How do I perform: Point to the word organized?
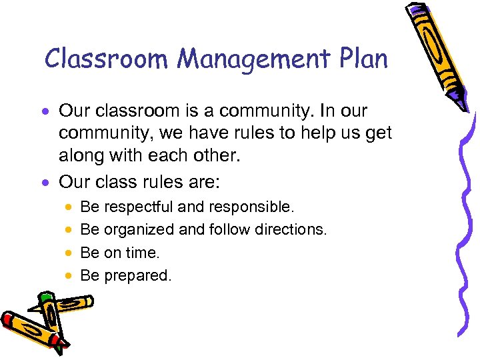[140, 230]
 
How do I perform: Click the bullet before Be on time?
[69, 253]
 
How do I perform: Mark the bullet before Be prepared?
[69, 276]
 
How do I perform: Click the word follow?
[227, 230]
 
